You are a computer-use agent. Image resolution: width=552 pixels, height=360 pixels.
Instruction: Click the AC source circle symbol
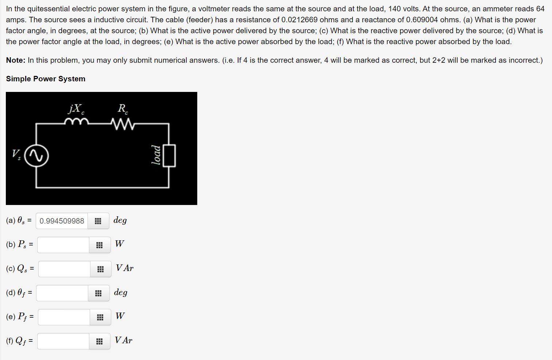[36, 156]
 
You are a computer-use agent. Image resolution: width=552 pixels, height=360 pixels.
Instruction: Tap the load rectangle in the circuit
[169, 156]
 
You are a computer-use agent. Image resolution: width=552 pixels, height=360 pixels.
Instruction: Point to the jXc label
[76, 108]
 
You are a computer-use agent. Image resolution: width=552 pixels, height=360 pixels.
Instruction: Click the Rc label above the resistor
[123, 108]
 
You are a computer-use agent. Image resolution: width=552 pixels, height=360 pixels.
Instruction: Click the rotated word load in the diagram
[156, 155]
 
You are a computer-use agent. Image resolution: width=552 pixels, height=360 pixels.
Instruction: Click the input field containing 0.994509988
[62, 221]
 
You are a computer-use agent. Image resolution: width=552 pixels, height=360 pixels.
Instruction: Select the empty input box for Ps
[63, 245]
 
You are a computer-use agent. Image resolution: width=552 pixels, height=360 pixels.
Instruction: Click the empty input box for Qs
[64, 269]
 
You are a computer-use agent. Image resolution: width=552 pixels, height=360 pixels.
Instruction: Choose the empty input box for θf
[62, 293]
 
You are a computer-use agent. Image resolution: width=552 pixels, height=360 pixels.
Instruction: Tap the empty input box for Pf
[64, 317]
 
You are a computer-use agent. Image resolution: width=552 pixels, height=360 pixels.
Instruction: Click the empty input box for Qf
[63, 341]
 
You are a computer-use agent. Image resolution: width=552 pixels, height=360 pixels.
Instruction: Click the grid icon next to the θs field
[98, 221]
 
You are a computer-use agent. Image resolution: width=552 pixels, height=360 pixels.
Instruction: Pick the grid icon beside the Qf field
[99, 341]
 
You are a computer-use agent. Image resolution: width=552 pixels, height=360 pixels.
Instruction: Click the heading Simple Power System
[46, 79]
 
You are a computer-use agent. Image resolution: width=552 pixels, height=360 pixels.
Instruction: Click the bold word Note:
[15, 60]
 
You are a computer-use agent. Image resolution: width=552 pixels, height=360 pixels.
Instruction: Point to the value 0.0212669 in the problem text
[299, 20]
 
